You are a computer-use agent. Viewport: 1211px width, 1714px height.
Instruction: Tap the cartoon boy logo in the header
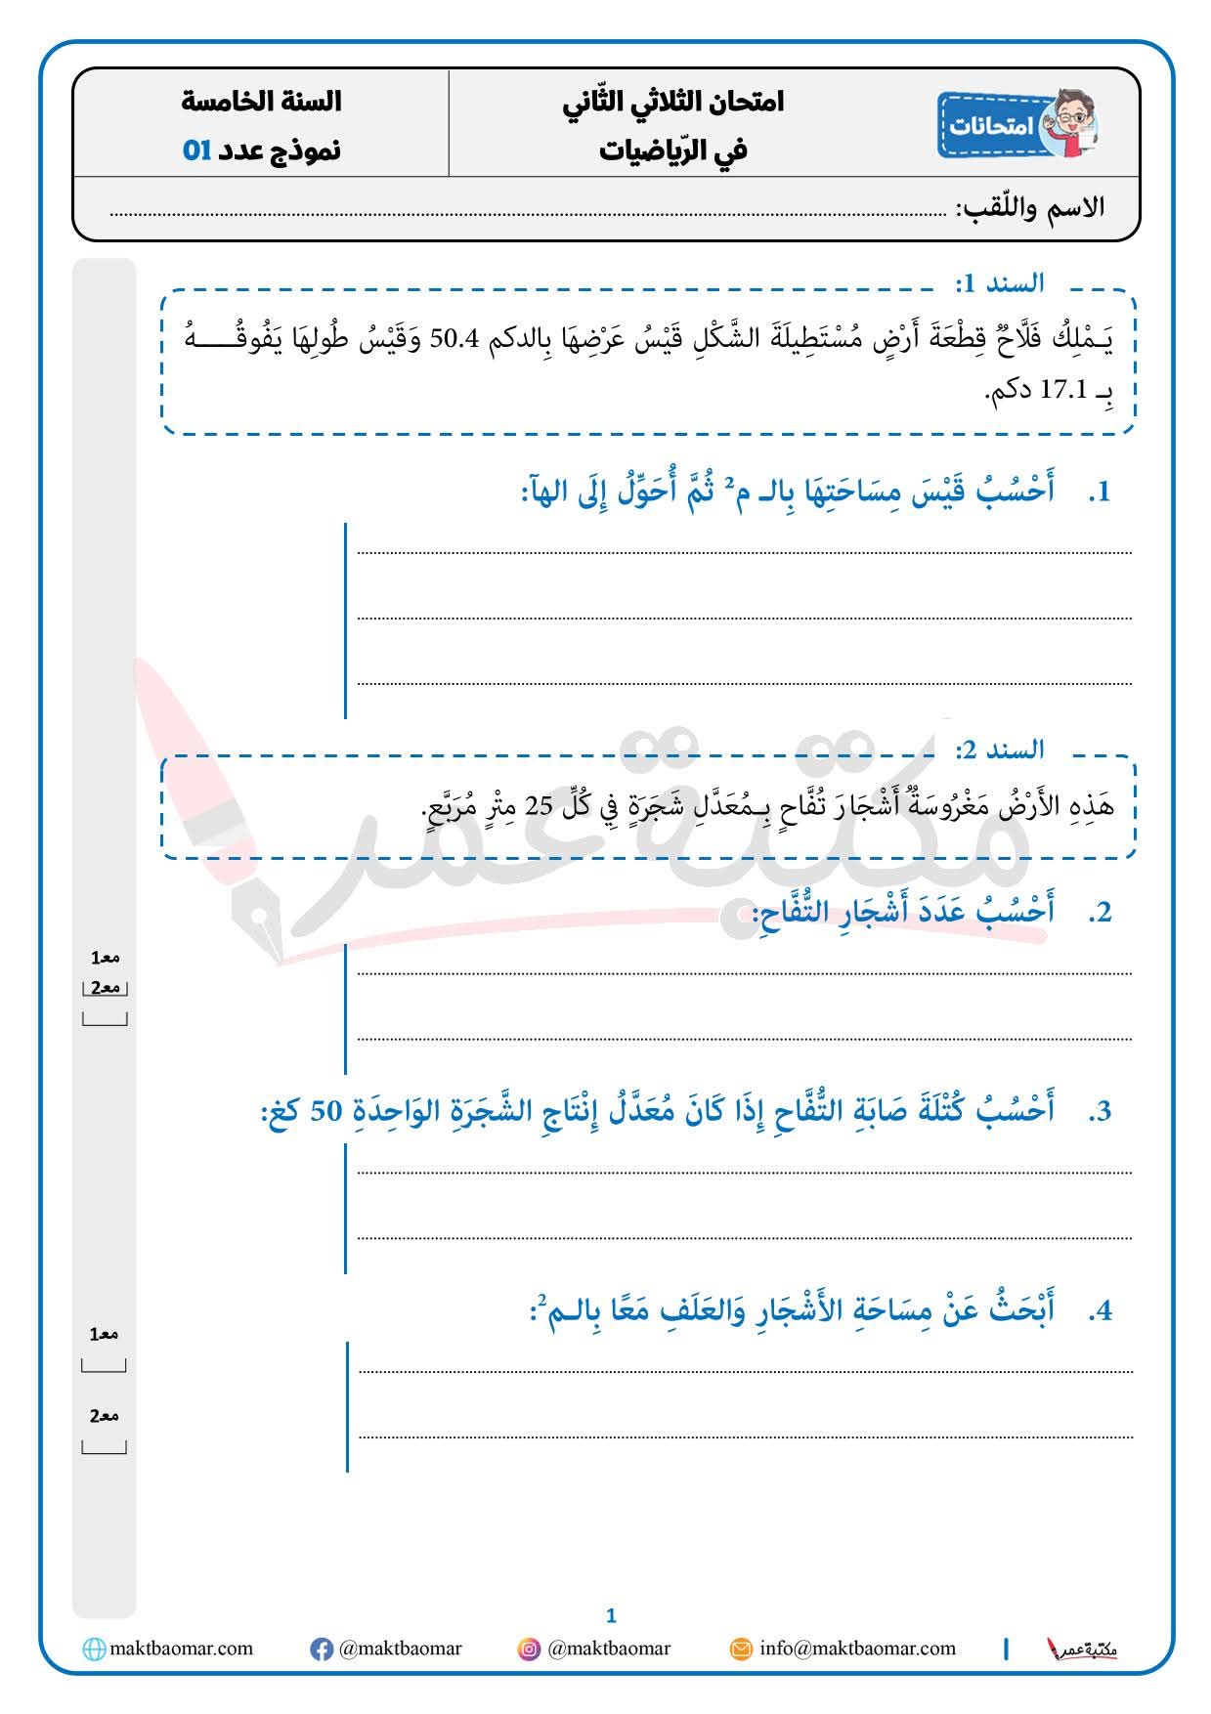[x=1069, y=124]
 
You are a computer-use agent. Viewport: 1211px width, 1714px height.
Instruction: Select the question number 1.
[x=1101, y=492]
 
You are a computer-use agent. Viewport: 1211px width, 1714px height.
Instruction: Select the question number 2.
[x=1101, y=913]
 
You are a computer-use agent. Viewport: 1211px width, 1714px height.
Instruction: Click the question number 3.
[x=1101, y=1112]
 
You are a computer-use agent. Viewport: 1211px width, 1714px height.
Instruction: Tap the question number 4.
[x=1101, y=1311]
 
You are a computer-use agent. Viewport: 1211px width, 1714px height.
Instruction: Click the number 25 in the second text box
[x=540, y=807]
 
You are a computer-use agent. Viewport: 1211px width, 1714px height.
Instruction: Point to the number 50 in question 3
[x=325, y=1111]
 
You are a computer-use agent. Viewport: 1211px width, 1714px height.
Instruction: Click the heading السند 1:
[x=1000, y=283]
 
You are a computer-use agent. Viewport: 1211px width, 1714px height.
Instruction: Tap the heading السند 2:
[x=1000, y=750]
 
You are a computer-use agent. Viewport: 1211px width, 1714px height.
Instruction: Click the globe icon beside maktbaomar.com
[x=94, y=1650]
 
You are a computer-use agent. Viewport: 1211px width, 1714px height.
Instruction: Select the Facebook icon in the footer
[x=321, y=1650]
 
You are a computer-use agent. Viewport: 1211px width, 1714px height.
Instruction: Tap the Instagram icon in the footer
[x=529, y=1650]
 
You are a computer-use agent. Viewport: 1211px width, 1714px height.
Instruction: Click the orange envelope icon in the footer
[x=742, y=1650]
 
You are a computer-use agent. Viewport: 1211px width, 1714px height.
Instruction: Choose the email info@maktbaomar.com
[x=857, y=1649]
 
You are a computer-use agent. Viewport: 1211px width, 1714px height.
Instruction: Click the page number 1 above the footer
[x=611, y=1615]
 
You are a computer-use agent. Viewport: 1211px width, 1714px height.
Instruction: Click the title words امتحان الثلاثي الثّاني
[x=673, y=102]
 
